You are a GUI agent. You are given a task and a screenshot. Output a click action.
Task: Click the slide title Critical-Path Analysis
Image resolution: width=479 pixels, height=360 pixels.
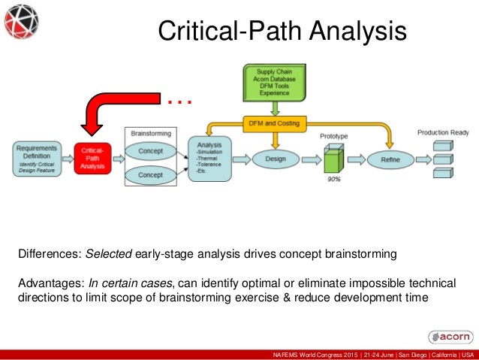click(x=282, y=31)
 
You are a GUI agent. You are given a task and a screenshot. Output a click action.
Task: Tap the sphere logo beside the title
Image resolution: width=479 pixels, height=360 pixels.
click(x=23, y=22)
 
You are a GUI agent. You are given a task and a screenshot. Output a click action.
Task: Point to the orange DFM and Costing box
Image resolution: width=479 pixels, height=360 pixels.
click(x=274, y=122)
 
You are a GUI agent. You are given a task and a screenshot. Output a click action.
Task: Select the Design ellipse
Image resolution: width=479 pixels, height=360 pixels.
click(x=275, y=159)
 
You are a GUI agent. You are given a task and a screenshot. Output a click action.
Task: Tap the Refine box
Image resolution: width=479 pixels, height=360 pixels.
click(x=390, y=159)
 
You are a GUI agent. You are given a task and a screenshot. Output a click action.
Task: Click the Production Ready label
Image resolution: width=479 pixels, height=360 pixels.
click(x=443, y=133)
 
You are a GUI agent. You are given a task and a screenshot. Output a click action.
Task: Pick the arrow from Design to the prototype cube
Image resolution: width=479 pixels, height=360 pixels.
click(x=310, y=159)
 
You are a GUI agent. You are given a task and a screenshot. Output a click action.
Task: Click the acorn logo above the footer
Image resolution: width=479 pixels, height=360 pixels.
click(x=450, y=336)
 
